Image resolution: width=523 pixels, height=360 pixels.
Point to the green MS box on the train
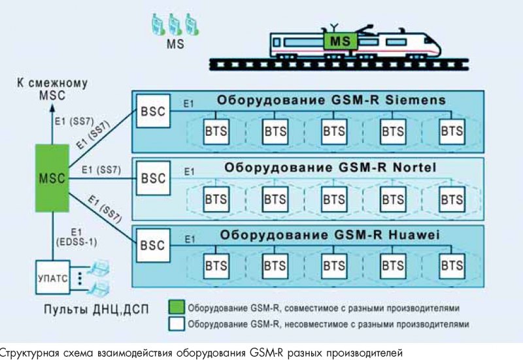coord(341,42)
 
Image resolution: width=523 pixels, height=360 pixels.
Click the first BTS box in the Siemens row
coord(216,130)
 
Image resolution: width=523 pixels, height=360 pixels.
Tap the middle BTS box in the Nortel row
coord(333,198)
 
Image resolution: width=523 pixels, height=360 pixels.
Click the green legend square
coord(175,307)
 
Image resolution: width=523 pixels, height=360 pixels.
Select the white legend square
coord(175,323)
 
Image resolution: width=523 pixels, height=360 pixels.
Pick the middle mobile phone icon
coord(175,24)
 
